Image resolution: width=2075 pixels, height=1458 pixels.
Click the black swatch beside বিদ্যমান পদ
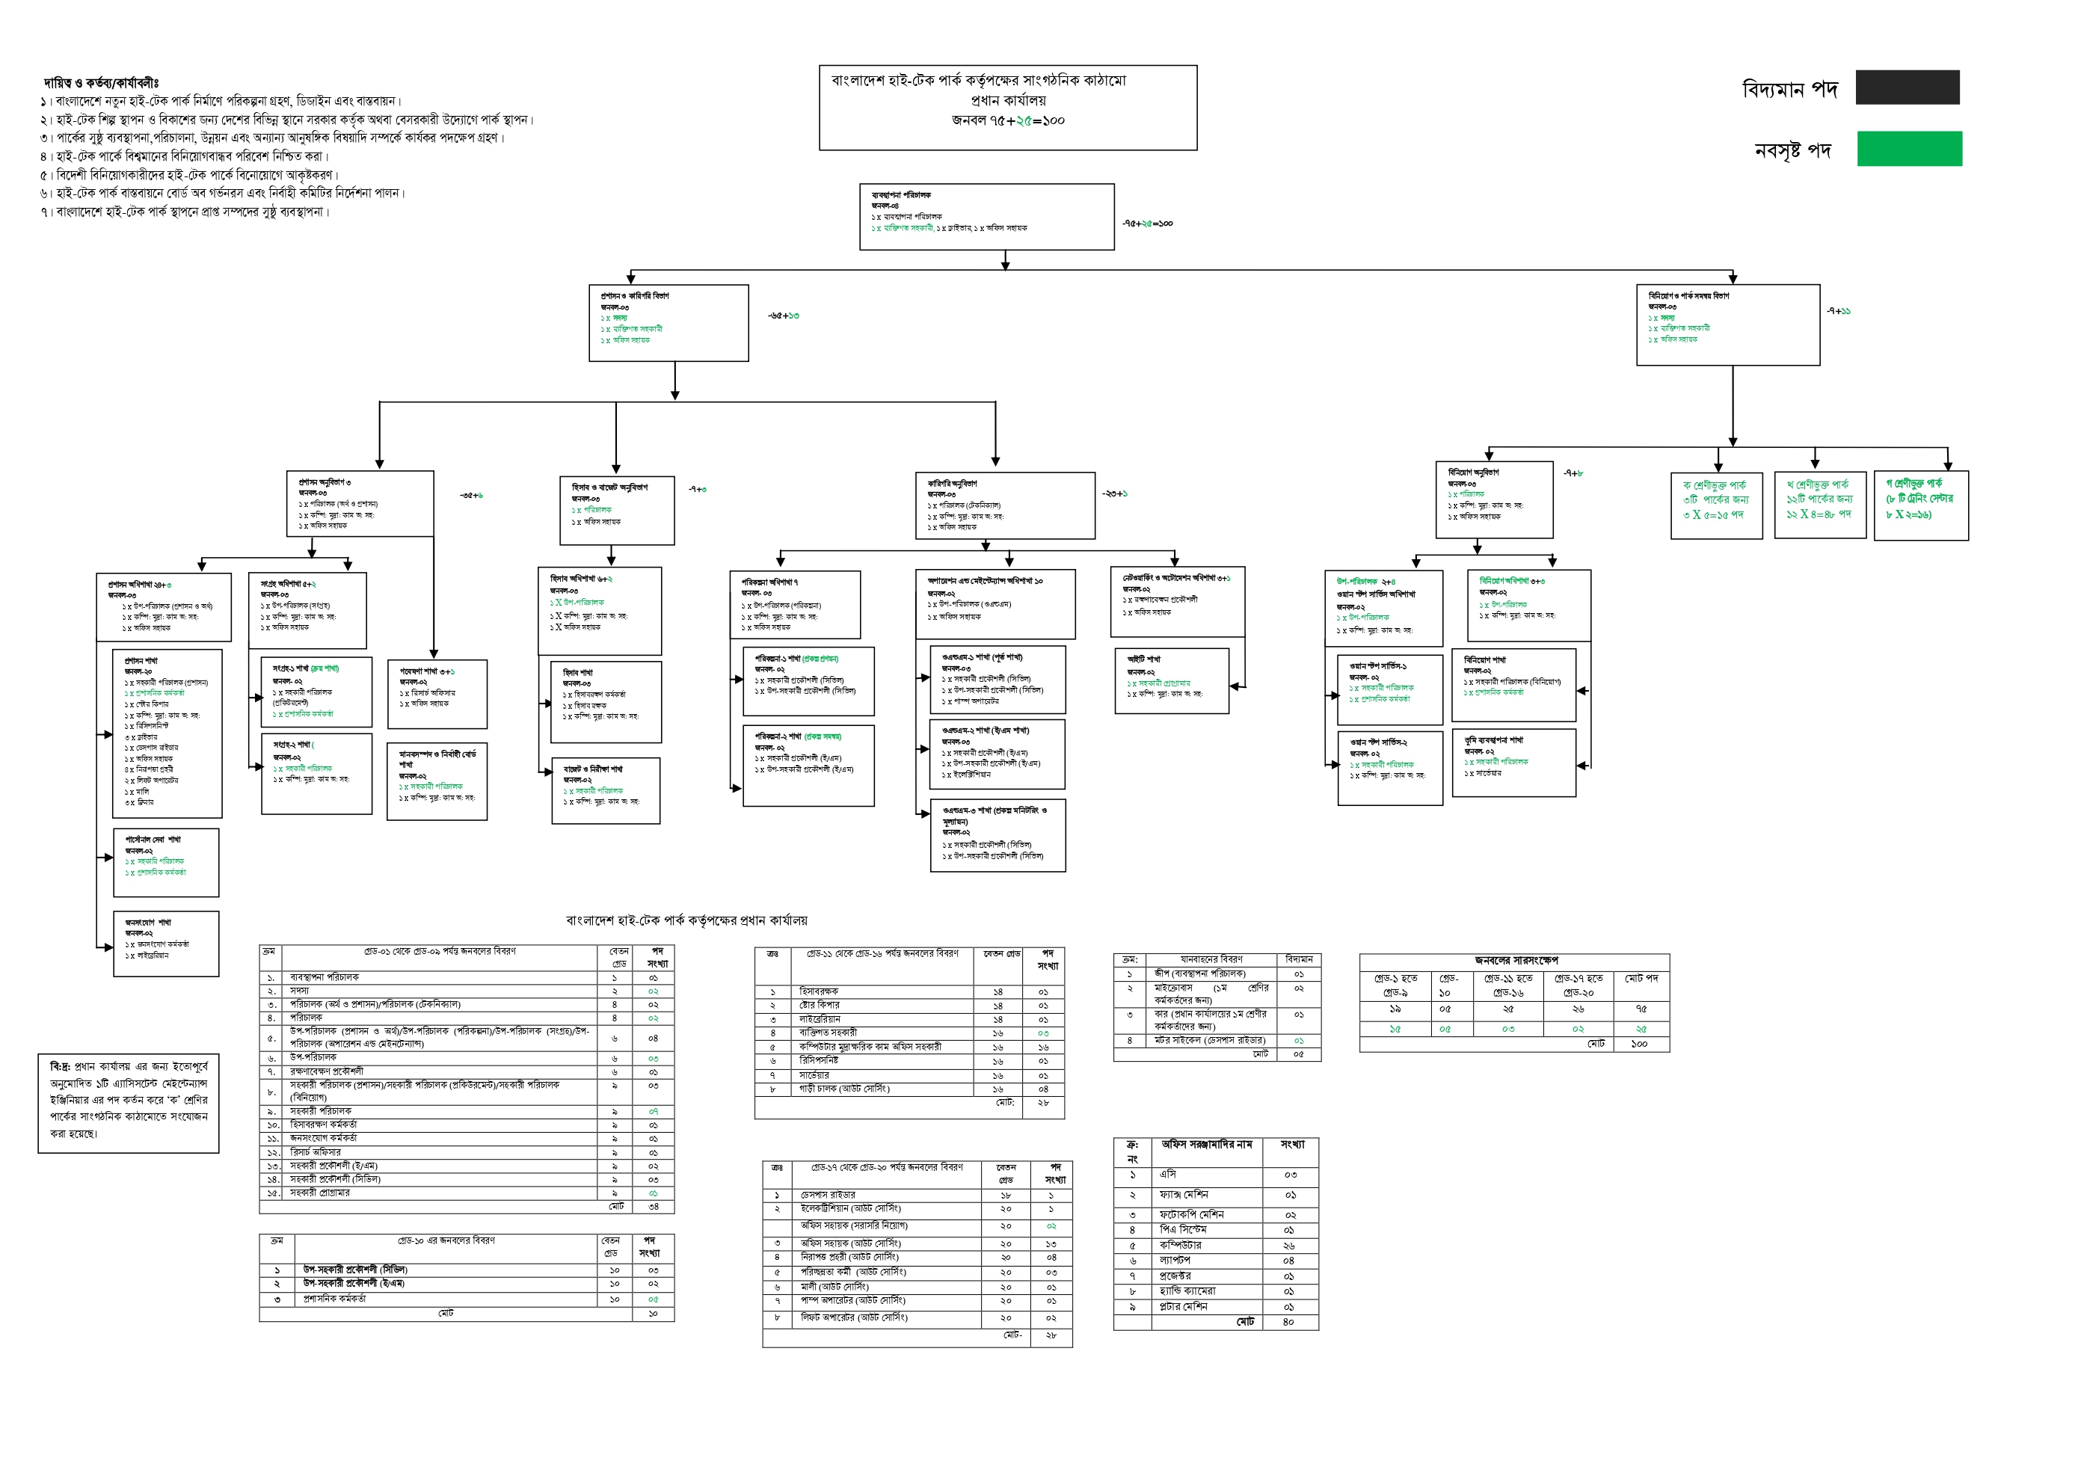1907,87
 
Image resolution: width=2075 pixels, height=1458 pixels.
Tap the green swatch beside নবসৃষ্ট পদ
1909,148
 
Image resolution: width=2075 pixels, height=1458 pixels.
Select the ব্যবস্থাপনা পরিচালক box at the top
986,216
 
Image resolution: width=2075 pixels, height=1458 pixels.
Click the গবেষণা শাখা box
437,693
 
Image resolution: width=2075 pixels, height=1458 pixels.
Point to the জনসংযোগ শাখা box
166,943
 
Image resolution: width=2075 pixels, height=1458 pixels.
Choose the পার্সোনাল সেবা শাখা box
166,861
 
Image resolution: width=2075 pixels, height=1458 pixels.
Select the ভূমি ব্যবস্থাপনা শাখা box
1513,762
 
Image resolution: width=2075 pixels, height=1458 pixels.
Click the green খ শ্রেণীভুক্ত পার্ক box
1819,505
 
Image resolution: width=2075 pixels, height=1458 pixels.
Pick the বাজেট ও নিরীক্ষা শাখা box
606,790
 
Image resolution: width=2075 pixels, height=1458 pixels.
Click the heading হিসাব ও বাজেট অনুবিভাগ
610,488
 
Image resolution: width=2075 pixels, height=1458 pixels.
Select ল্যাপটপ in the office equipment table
1175,1260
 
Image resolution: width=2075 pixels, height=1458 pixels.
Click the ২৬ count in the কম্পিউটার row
1288,1246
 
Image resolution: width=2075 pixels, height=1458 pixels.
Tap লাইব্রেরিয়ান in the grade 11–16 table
820,1018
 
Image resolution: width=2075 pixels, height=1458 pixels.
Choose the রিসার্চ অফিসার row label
316,1152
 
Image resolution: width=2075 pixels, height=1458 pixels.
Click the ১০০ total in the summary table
1638,1044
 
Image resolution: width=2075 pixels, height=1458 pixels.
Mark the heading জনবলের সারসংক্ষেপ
1516,960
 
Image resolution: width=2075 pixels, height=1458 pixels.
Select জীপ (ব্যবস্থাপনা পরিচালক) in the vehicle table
1199,973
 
